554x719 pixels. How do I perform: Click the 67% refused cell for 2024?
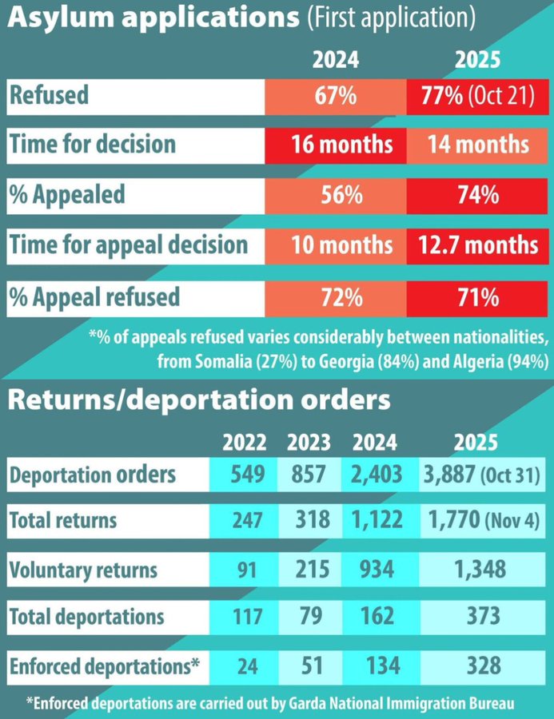click(x=336, y=97)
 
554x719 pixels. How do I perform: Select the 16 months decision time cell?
click(x=336, y=145)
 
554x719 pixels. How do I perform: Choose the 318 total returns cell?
click(x=307, y=521)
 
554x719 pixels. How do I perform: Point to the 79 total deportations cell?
click(x=307, y=616)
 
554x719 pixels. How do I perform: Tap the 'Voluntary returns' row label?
click(x=83, y=570)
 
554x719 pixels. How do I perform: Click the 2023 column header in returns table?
click(x=307, y=442)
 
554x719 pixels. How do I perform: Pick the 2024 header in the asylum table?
click(x=336, y=60)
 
